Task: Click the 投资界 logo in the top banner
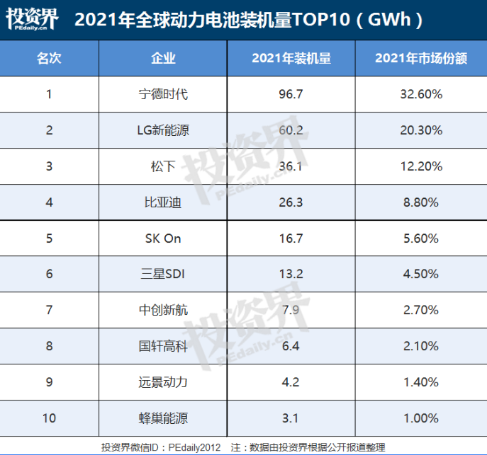pyautogui.click(x=33, y=19)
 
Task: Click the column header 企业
pyautogui.click(x=163, y=58)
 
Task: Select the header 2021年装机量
pyautogui.click(x=291, y=58)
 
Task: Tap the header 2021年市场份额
pyautogui.click(x=420, y=58)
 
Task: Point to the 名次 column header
pyautogui.click(x=49, y=58)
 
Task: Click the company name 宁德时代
pyautogui.click(x=163, y=93)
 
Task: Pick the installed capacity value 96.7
pyautogui.click(x=291, y=93)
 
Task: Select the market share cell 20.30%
pyautogui.click(x=420, y=130)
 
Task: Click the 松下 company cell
pyautogui.click(x=163, y=166)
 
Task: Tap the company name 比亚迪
pyautogui.click(x=163, y=202)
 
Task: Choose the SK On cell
pyautogui.click(x=163, y=238)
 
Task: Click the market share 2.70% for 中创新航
pyautogui.click(x=420, y=310)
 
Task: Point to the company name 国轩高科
pyautogui.click(x=163, y=346)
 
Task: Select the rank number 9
pyautogui.click(x=49, y=382)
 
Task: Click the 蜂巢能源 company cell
pyautogui.click(x=163, y=418)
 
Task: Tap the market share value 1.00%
pyautogui.click(x=420, y=418)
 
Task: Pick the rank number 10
pyautogui.click(x=49, y=418)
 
